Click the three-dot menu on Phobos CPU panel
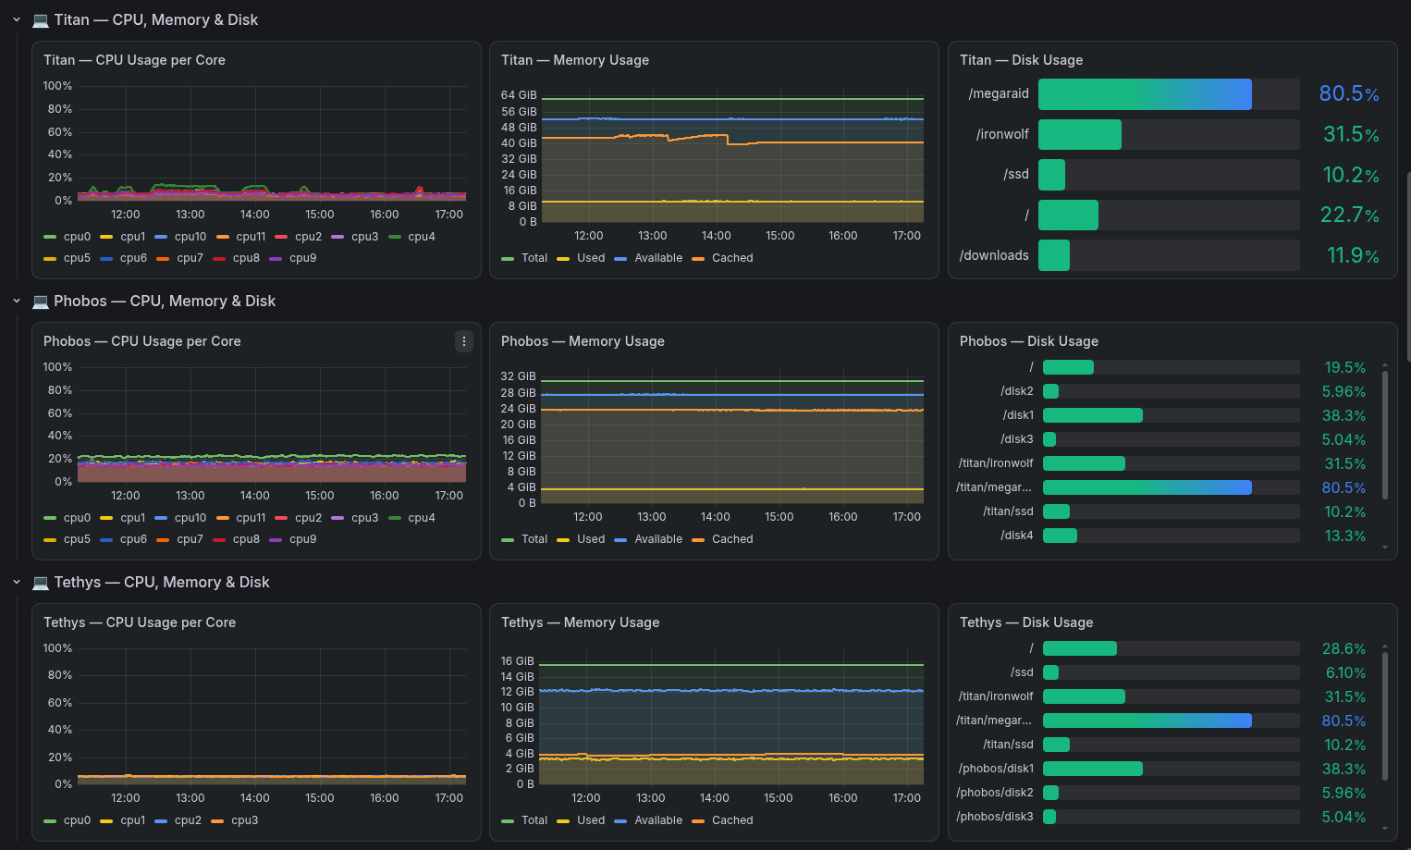[x=463, y=341]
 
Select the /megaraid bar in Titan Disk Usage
[x=1145, y=94]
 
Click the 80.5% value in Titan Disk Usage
[x=1349, y=94]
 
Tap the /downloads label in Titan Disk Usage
[x=993, y=255]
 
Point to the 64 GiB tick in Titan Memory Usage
[x=519, y=95]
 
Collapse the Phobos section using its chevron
[x=17, y=302]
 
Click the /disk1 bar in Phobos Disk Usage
[x=1092, y=415]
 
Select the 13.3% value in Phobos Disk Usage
[x=1344, y=536]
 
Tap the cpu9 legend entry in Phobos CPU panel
[x=293, y=539]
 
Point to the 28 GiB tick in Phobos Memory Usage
[x=518, y=392]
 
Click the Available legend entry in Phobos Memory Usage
[x=648, y=538]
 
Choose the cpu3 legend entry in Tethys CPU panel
[x=235, y=820]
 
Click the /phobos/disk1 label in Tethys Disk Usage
[x=995, y=769]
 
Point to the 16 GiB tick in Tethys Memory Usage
[x=517, y=661]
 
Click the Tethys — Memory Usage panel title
[x=580, y=622]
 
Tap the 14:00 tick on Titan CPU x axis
[x=254, y=215]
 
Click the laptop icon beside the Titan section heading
[x=41, y=20]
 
